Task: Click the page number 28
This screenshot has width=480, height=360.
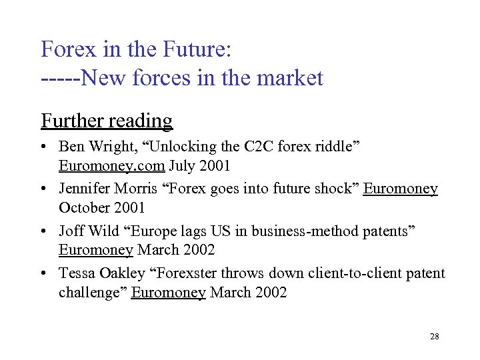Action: [x=434, y=337]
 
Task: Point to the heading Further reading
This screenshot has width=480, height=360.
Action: [x=107, y=121]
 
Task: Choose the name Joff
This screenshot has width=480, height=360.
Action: [x=71, y=231]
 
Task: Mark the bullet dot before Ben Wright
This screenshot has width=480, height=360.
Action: [x=45, y=147]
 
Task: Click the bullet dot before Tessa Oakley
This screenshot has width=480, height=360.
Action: [x=45, y=274]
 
